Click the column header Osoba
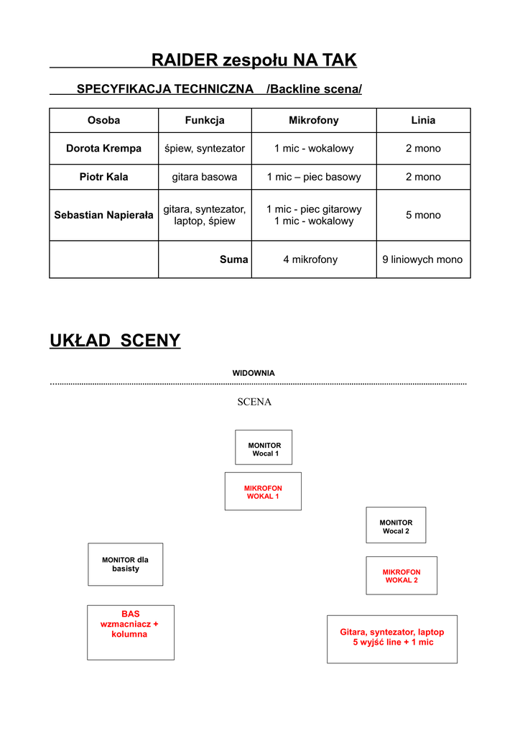click(x=103, y=121)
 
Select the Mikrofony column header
click(x=313, y=121)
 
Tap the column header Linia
click(x=423, y=121)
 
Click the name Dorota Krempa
click(x=103, y=149)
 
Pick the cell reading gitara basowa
click(x=204, y=177)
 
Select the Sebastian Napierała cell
click(x=103, y=215)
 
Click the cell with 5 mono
click(x=423, y=215)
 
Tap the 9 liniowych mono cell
click(x=422, y=259)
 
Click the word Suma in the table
click(x=233, y=259)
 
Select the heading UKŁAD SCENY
click(x=115, y=341)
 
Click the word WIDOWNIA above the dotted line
click(x=253, y=373)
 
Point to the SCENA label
click(x=254, y=402)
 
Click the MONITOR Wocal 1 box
click(x=264, y=448)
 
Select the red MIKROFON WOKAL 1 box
click(x=263, y=492)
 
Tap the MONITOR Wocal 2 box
click(x=396, y=525)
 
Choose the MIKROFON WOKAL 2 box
click(x=401, y=576)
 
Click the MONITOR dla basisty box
click(x=125, y=564)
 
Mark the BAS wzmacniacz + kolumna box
click(x=130, y=632)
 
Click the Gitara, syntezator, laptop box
click(x=391, y=638)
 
